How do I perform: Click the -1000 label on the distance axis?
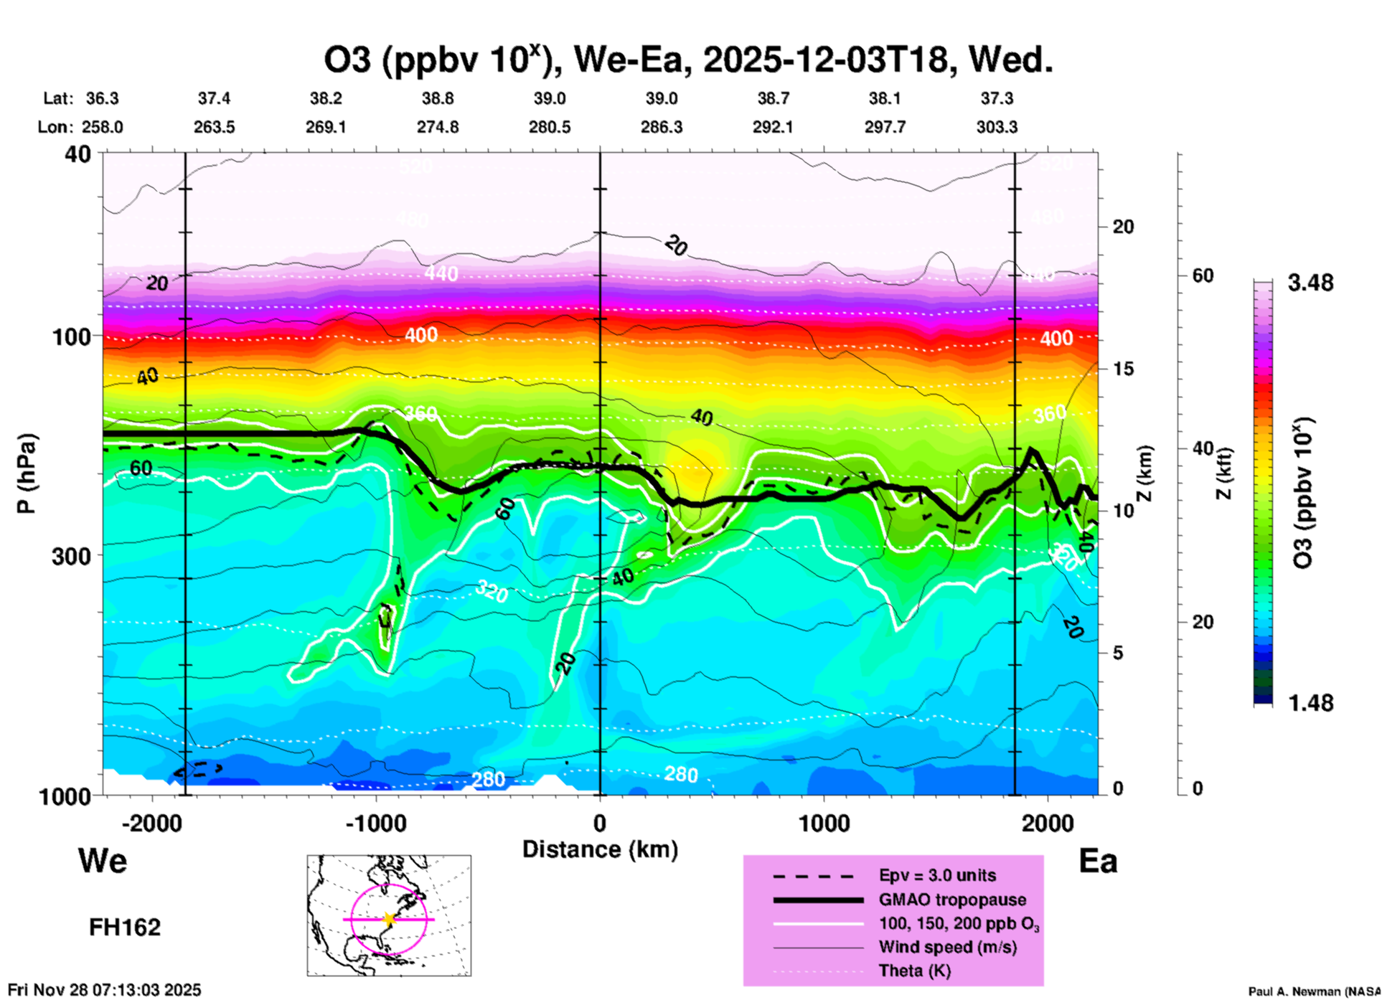point(375,823)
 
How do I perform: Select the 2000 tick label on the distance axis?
point(1048,823)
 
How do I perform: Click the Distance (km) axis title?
point(600,849)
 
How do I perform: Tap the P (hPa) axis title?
point(27,473)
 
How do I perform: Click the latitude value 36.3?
point(103,98)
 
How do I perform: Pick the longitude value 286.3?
point(661,127)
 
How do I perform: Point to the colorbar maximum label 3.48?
point(1310,283)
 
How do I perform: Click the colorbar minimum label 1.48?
point(1310,703)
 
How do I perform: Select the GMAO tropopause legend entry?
point(952,900)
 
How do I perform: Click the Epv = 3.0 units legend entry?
point(937,875)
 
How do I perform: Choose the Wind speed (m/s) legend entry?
point(947,948)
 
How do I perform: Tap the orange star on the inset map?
point(389,919)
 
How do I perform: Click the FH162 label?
point(125,928)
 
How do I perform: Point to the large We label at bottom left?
point(103,860)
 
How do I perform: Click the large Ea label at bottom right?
point(1098,862)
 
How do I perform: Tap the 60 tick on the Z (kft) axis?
point(1203,275)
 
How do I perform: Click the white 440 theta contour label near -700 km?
point(441,273)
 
